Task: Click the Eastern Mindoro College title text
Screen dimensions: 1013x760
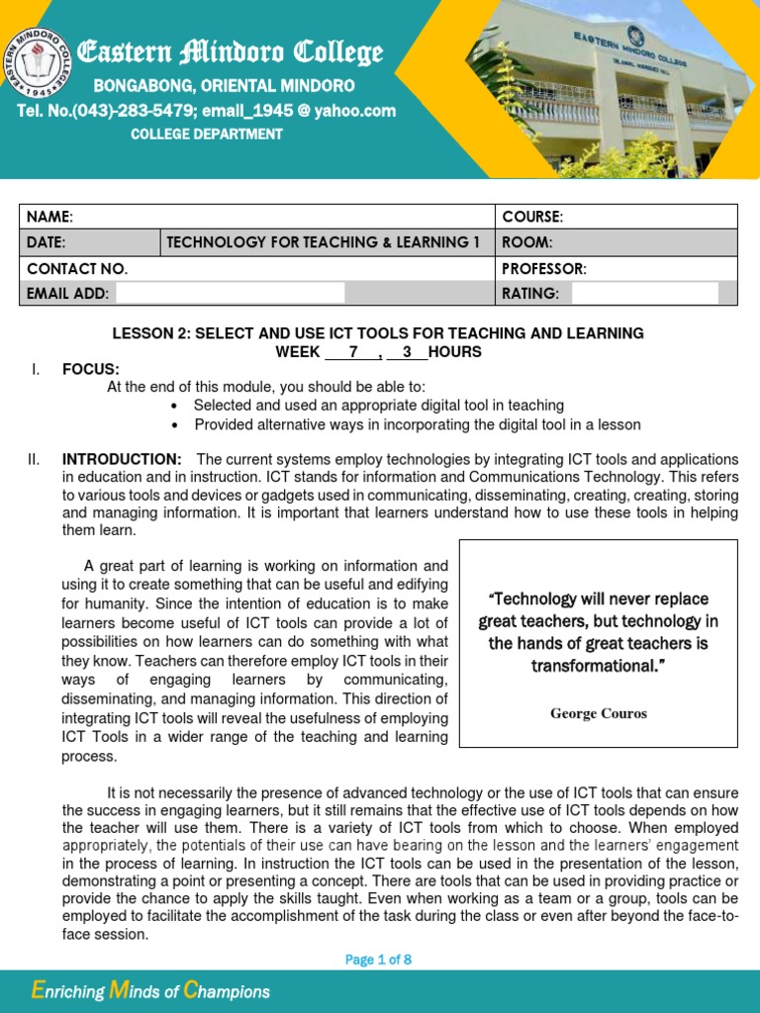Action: click(x=231, y=52)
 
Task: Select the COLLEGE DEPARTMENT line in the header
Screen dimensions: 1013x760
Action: click(x=207, y=134)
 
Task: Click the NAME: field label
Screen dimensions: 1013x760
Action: click(x=49, y=217)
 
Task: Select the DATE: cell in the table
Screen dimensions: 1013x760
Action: click(x=47, y=242)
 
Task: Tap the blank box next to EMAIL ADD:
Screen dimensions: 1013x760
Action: click(x=230, y=293)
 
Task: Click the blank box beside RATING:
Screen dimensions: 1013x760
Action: click(x=644, y=293)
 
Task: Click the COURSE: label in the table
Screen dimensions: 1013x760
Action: click(x=532, y=217)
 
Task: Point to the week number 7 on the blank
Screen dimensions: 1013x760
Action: click(x=351, y=351)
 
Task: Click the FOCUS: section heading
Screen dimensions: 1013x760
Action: click(x=90, y=369)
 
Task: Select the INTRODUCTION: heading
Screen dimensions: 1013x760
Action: click(x=122, y=459)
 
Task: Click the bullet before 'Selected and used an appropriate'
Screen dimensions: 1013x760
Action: click(x=174, y=406)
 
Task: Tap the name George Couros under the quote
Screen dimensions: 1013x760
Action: click(x=598, y=713)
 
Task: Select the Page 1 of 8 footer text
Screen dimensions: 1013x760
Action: click(x=378, y=960)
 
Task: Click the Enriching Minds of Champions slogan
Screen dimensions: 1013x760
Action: click(x=150, y=991)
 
